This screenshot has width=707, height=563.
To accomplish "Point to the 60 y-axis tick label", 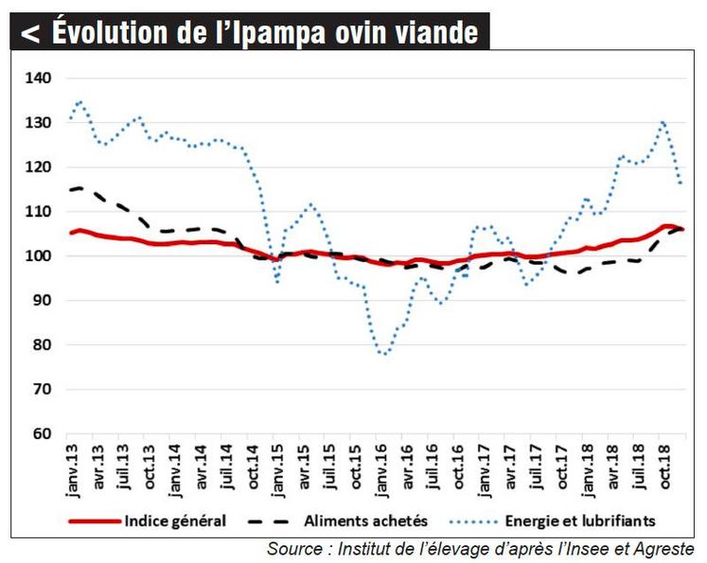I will tap(40, 434).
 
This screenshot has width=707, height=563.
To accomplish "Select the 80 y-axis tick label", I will tap(40, 345).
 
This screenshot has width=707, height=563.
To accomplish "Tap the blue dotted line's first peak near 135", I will tap(80, 101).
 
